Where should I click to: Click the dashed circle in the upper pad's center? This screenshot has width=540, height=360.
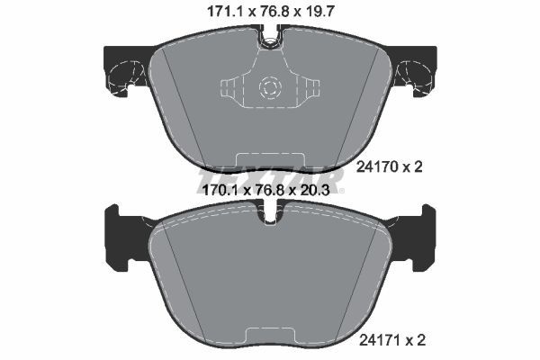269,88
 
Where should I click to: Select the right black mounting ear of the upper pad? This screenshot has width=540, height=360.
415,71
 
